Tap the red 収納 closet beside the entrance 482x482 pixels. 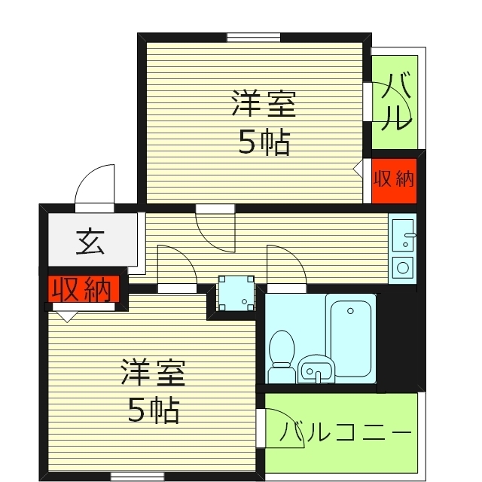81,289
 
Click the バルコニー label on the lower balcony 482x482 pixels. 346,434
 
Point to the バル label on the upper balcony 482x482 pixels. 395,102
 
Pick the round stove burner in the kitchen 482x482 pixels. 402,267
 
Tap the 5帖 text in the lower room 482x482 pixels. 152,410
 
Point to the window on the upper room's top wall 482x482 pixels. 254,36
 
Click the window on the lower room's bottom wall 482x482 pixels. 137,475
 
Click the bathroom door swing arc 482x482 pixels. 285,264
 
